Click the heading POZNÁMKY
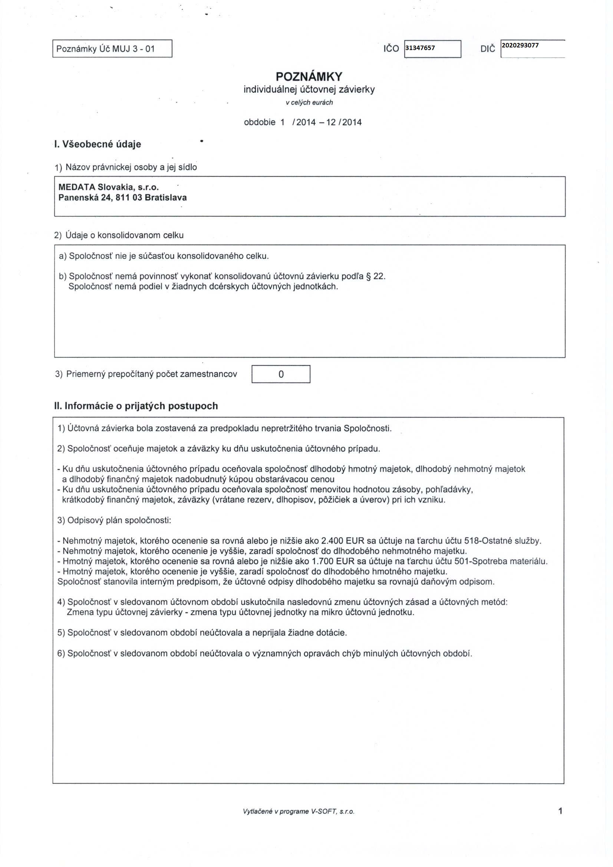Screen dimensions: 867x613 pyautogui.click(x=309, y=77)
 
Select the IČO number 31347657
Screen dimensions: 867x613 pyautogui.click(x=420, y=48)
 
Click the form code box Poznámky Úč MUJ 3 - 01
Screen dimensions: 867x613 pyautogui.click(x=112, y=49)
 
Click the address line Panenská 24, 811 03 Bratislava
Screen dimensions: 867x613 pyautogui.click(x=122, y=197)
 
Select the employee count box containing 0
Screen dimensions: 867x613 pyautogui.click(x=281, y=374)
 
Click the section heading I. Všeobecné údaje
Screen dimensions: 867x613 pyautogui.click(x=98, y=144)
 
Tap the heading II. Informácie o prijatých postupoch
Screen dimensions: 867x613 pyautogui.click(x=136, y=406)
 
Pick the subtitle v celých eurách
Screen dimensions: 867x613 pyautogui.click(x=309, y=102)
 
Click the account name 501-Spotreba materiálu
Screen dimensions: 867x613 pyautogui.click(x=507, y=561)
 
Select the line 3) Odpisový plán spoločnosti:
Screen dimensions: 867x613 pyautogui.click(x=115, y=520)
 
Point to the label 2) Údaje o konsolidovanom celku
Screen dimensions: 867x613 pyautogui.click(x=119, y=235)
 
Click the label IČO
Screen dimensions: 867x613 pyautogui.click(x=390, y=49)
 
